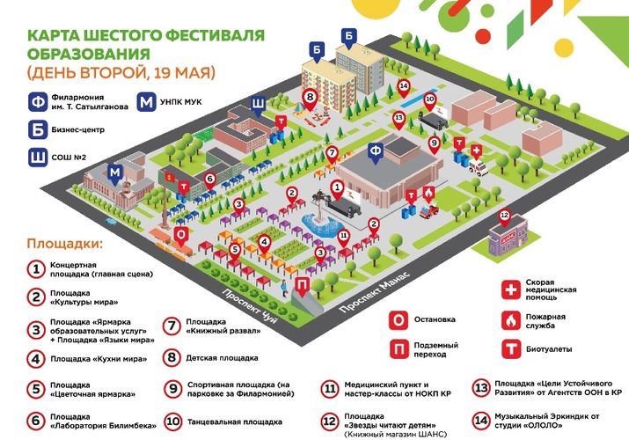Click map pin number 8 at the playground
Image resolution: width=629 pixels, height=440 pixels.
[x=310, y=99]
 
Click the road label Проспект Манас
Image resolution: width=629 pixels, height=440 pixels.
[x=375, y=292]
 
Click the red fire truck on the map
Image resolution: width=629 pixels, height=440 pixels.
[x=428, y=210]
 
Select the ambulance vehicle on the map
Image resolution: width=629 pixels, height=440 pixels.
[x=479, y=168]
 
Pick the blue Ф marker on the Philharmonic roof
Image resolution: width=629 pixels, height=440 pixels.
[x=376, y=153]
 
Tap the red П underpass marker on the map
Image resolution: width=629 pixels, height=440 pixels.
[x=302, y=287]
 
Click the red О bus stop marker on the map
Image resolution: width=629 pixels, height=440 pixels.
[x=181, y=237]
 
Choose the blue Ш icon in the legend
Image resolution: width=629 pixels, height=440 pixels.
[x=38, y=158]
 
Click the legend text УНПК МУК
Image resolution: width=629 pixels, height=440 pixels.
[x=181, y=102]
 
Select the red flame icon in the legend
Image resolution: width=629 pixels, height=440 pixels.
[x=511, y=321]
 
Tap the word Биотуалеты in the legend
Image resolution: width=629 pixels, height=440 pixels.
[x=549, y=349]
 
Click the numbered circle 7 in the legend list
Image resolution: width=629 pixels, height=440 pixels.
[x=172, y=326]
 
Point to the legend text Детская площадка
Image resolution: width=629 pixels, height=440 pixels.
[x=222, y=358]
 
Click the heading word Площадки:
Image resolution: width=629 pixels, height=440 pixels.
[x=64, y=244]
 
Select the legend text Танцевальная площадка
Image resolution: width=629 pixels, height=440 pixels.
[x=235, y=422]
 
